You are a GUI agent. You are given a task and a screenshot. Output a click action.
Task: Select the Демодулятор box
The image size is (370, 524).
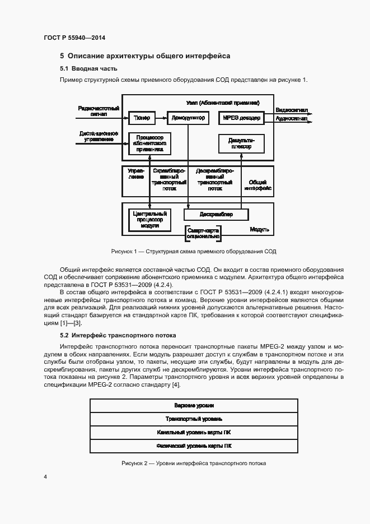pos(187,118)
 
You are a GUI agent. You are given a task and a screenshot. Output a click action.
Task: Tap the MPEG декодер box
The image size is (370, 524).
pos(241,118)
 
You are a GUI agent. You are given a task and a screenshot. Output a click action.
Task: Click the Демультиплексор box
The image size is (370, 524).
pos(241,144)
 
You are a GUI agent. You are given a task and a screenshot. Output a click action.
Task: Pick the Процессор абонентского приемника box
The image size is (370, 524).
pos(149,143)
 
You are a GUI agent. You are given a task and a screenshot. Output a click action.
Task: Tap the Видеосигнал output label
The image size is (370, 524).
pos(291,110)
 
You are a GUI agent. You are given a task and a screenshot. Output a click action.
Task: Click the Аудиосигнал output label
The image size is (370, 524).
pos(291,119)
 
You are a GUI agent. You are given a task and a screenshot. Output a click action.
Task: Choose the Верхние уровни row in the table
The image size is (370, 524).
pos(194,405)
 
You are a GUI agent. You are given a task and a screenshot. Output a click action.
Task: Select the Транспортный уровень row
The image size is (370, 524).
pos(194,419)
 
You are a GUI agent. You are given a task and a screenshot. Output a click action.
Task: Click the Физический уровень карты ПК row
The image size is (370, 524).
pos(194,446)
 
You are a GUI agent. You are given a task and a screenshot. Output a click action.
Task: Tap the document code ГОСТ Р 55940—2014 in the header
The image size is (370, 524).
pos(74,38)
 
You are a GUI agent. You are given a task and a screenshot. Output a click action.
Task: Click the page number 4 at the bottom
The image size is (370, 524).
pos(45,477)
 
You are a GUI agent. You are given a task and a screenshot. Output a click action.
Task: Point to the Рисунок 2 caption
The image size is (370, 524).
pos(194,463)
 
